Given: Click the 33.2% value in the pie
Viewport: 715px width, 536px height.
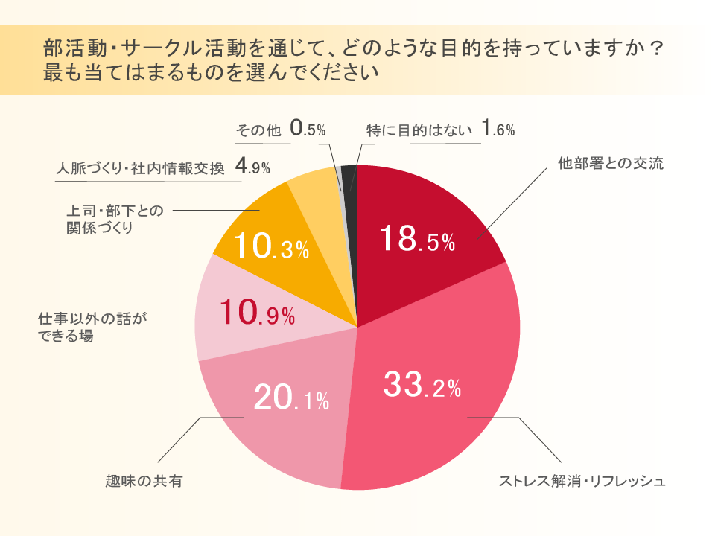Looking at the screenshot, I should tap(422, 385).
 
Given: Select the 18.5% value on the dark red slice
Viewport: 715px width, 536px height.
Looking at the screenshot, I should tap(416, 240).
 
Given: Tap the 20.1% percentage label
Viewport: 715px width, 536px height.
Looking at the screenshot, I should tap(291, 400).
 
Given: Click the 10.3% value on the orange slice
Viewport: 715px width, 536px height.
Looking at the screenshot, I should tap(271, 247).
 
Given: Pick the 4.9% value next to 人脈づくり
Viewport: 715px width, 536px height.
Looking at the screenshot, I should tap(252, 167).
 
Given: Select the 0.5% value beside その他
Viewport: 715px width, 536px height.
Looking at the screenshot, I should tap(308, 130).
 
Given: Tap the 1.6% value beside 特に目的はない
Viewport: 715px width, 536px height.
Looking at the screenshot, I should tap(498, 130).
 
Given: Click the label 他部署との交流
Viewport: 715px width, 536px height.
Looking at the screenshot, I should tap(610, 164).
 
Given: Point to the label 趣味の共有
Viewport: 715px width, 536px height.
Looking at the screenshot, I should tap(144, 481).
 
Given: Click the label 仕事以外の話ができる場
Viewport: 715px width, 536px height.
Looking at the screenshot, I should tap(93, 328).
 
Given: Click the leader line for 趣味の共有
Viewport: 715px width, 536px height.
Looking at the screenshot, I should tap(182, 439).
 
